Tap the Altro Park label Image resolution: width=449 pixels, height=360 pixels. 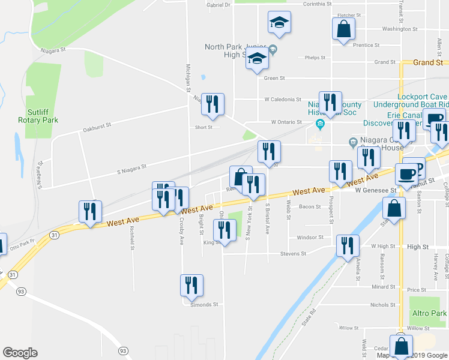(429, 313)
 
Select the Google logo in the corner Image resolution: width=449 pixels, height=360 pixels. (20, 353)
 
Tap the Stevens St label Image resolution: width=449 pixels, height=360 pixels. (293, 254)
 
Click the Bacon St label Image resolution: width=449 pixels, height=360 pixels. (310, 206)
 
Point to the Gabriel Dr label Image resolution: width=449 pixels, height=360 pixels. (218, 5)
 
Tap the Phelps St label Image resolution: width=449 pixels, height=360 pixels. (315, 58)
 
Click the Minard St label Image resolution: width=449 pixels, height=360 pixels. (382, 287)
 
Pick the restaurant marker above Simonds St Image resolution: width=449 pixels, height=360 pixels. (191, 286)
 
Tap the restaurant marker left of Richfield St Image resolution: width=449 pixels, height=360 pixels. (91, 212)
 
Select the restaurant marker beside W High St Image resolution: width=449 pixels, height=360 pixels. (348, 246)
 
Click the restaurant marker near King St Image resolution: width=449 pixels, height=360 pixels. (224, 231)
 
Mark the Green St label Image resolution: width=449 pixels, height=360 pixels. (274, 78)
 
